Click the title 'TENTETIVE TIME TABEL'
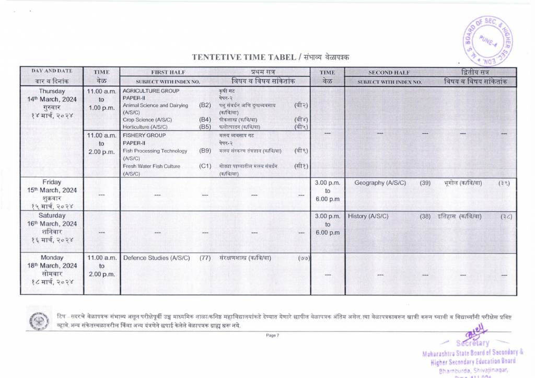[x=245, y=57]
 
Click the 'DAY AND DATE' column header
[x=52, y=71]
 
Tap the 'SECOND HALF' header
[x=389, y=72]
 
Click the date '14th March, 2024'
[x=52, y=99]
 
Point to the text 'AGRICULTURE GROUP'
[x=150, y=91]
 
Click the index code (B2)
[x=205, y=105]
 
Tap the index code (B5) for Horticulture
[x=205, y=127]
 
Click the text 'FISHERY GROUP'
[x=144, y=135]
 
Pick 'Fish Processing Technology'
[x=155, y=151]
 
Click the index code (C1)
[x=205, y=166]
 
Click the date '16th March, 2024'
[x=52, y=224]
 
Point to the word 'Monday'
[x=52, y=258]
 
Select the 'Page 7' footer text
[x=273, y=335]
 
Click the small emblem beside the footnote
[x=38, y=319]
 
